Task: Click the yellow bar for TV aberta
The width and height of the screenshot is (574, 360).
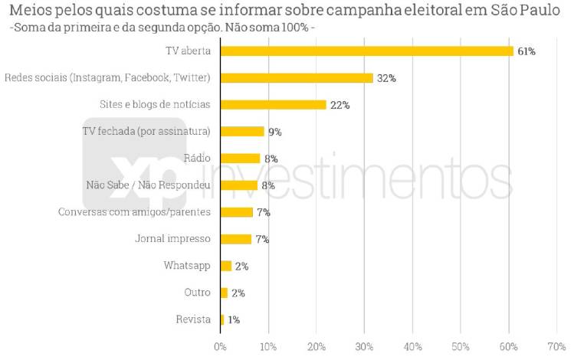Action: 366,51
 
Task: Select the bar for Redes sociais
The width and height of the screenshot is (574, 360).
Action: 297,78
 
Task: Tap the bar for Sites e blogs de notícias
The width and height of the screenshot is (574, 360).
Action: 273,105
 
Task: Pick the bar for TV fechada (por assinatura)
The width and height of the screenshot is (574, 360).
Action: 242,132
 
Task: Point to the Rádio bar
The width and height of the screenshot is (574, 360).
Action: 240,159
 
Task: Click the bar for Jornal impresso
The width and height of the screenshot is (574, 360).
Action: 236,239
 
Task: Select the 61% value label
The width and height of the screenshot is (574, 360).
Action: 526,51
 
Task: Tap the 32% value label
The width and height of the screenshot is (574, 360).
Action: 385,78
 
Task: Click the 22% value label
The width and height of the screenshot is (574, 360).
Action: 339,105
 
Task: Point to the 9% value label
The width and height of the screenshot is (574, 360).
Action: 275,132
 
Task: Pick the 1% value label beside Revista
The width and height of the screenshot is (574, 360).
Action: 234,319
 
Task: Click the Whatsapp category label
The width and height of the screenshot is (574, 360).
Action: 186,266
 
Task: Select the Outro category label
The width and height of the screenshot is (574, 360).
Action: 197,293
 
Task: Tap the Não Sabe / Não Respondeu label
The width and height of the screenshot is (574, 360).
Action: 149,185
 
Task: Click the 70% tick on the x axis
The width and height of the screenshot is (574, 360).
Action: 557,346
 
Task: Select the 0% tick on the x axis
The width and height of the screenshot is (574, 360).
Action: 220,346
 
